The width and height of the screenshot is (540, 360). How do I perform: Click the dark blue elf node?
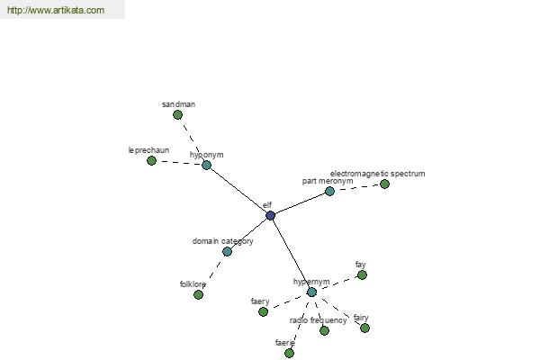270,216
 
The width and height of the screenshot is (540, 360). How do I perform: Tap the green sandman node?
177,114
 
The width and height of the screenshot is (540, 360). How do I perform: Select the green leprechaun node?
151,160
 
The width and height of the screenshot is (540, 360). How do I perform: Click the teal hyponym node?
206,165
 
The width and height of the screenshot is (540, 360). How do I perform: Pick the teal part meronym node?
329,191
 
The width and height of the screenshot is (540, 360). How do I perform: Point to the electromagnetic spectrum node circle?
384,184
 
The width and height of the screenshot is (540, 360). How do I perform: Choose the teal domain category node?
227,251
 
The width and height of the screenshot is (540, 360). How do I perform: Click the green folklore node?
198,294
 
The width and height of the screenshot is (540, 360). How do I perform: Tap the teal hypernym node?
311,292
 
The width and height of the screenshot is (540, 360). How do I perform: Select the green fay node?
362,274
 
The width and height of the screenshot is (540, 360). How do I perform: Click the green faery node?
263,311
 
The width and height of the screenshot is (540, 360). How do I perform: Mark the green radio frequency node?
324,330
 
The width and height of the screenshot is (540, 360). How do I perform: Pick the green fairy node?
365,328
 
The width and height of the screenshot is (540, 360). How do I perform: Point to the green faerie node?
289,353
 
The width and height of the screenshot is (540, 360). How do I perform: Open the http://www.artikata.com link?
56,10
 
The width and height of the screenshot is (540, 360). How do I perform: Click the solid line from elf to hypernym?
291,254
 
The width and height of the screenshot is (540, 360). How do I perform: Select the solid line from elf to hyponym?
238,191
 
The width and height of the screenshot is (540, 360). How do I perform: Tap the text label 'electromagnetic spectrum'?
377,174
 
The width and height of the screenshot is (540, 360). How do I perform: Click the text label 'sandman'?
178,104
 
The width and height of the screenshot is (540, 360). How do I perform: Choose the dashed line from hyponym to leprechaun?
179,163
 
